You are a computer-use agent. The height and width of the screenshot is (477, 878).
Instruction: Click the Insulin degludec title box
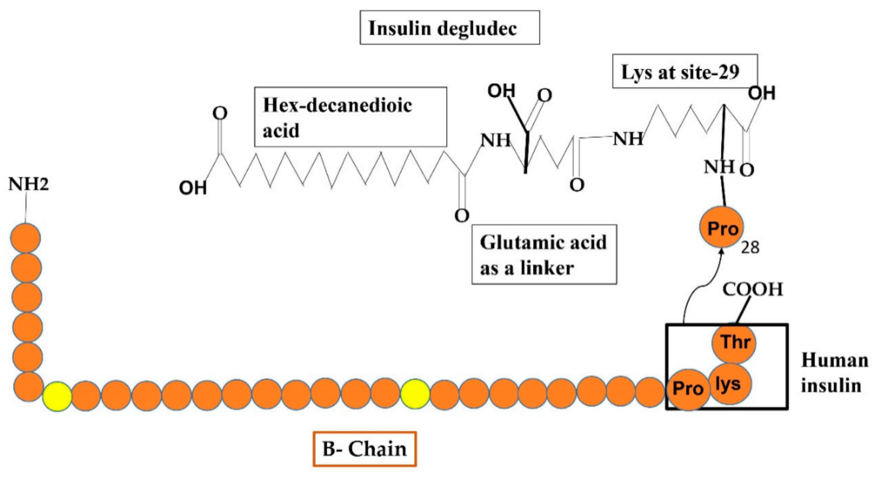click(x=450, y=28)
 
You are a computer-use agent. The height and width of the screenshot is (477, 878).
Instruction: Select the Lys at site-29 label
click(x=685, y=71)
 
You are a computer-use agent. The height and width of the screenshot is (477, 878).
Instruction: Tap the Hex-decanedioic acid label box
click(x=350, y=117)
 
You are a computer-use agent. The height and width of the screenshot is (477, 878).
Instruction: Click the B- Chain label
click(x=364, y=449)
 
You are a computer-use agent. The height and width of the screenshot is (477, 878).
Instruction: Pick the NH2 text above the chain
click(x=29, y=184)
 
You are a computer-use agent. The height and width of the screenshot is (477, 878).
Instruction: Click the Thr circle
click(x=734, y=342)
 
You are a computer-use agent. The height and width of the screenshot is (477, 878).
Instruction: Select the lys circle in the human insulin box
click(x=729, y=384)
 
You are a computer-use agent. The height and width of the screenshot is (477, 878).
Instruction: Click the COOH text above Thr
click(x=753, y=290)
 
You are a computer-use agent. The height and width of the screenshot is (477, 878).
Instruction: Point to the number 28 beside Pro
click(x=750, y=247)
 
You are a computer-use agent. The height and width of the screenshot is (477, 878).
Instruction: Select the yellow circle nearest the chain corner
click(x=57, y=396)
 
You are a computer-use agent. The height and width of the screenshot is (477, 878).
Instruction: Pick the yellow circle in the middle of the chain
click(x=415, y=394)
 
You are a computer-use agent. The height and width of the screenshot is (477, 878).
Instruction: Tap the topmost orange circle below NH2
click(x=26, y=238)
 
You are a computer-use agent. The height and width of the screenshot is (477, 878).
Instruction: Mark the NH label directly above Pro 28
click(x=719, y=167)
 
